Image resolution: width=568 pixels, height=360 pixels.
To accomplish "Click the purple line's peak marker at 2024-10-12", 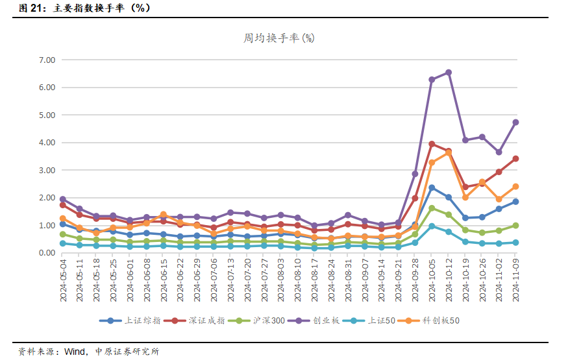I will pyautogui.click(x=449, y=73).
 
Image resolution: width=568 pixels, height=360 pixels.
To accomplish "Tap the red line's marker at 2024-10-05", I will pyautogui.click(x=432, y=144).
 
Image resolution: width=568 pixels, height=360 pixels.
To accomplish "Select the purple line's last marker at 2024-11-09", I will pyautogui.click(x=515, y=122).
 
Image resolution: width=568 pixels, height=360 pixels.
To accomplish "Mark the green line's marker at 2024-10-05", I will pyautogui.click(x=432, y=208).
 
